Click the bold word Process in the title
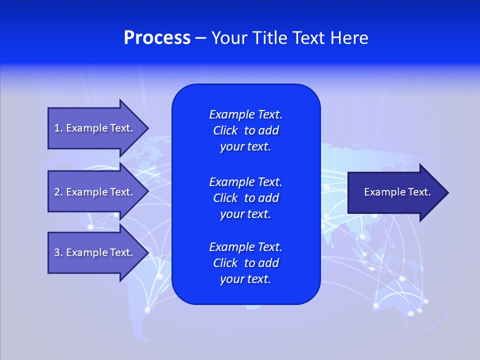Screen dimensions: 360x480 [157, 38]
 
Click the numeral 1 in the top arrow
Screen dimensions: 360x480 [57, 128]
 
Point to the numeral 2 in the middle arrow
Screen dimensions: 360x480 [57, 192]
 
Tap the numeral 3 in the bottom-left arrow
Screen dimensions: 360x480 [57, 252]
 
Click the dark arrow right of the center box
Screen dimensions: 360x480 [395, 192]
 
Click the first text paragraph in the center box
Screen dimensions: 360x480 [245, 130]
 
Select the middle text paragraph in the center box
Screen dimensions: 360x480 [245, 198]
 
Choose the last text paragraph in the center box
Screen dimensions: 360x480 [245, 263]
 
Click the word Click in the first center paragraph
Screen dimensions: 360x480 [225, 130]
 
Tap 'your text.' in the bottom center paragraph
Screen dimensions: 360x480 [245, 279]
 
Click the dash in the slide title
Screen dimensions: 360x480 [200, 38]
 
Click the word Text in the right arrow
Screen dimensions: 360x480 [418, 192]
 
